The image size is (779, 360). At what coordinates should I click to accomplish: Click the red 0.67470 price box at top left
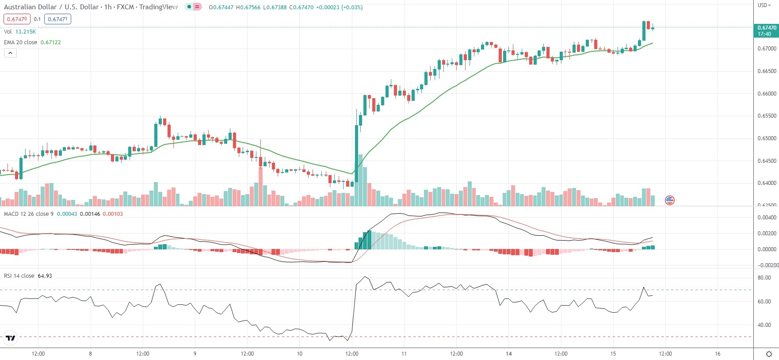point(17,19)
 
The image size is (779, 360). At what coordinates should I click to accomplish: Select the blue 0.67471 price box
point(57,19)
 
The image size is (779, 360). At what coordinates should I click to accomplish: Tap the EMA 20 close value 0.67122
point(50,42)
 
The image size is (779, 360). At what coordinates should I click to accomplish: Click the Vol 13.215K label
point(20,32)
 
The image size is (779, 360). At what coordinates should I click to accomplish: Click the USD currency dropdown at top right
point(764,5)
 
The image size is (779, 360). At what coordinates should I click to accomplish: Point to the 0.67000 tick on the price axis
point(767,49)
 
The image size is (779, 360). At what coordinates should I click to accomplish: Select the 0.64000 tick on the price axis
point(767,183)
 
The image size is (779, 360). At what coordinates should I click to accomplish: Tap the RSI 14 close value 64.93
point(45,276)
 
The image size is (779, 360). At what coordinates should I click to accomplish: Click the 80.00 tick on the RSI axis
point(764,278)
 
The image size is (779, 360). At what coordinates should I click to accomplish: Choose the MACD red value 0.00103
point(113,214)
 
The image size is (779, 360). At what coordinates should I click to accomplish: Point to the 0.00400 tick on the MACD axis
point(767,218)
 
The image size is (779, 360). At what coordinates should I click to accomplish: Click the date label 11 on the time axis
point(404,354)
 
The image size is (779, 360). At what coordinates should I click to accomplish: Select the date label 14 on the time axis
point(509,354)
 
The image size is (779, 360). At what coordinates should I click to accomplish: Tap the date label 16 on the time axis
point(718,354)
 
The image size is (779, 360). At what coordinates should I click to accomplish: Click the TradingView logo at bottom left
point(10,338)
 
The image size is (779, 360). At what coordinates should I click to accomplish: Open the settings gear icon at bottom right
point(769,354)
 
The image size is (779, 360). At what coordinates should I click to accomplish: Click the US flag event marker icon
point(670,200)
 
